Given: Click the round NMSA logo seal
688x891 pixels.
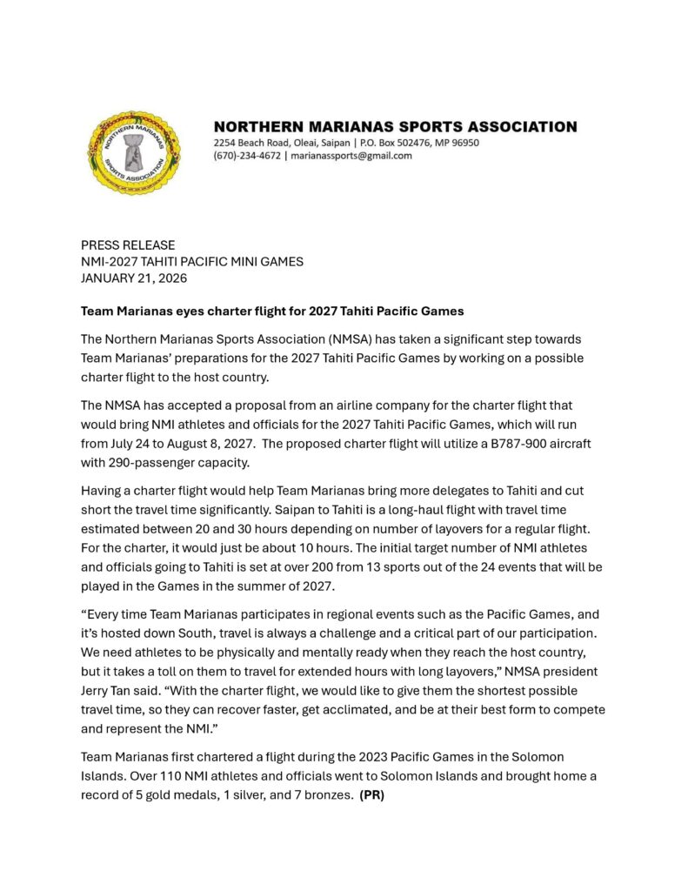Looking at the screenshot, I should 136,152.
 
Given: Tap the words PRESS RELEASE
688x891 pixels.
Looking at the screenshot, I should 128,245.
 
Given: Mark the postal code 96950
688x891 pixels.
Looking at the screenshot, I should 462,143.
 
